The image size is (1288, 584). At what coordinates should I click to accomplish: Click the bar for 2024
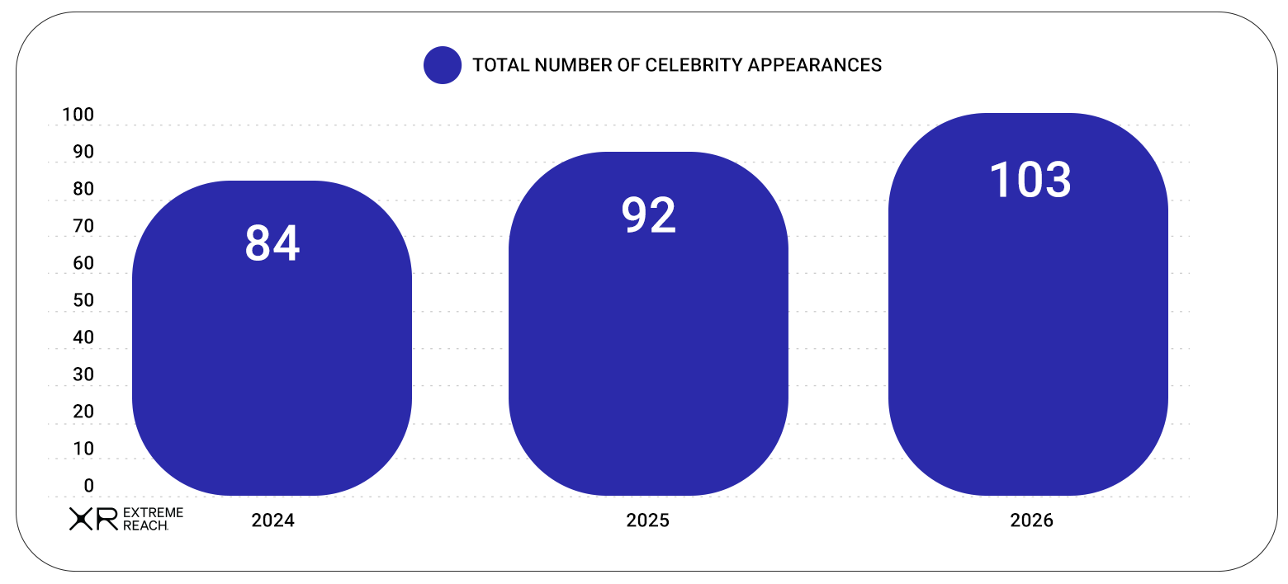[x=272, y=338]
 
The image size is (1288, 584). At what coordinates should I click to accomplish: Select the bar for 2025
[x=649, y=324]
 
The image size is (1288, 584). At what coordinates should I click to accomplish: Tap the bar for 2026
[x=1028, y=304]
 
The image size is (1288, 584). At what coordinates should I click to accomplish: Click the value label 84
[x=272, y=243]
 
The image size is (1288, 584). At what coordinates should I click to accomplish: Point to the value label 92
[x=649, y=215]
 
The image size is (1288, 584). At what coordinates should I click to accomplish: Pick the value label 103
[x=1030, y=180]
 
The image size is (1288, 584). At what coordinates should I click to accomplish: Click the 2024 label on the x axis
[x=272, y=520]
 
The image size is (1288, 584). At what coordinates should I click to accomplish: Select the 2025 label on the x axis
[x=647, y=520]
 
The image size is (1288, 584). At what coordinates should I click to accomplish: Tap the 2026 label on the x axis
[x=1031, y=520]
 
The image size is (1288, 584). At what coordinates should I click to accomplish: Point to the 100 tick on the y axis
[x=78, y=115]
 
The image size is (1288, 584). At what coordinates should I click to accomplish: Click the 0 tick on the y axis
[x=88, y=486]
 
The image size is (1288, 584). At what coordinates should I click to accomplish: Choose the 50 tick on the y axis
[x=83, y=300]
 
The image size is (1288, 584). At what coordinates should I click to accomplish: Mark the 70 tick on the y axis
[x=83, y=226]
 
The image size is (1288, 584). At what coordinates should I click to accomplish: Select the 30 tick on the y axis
[x=83, y=374]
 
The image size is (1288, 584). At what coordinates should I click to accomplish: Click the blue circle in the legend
[x=443, y=65]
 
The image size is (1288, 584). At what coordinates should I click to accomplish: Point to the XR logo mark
[x=94, y=519]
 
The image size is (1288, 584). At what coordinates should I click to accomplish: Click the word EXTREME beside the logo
[x=154, y=512]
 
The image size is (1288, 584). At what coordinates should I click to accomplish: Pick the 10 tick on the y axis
[x=83, y=449]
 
